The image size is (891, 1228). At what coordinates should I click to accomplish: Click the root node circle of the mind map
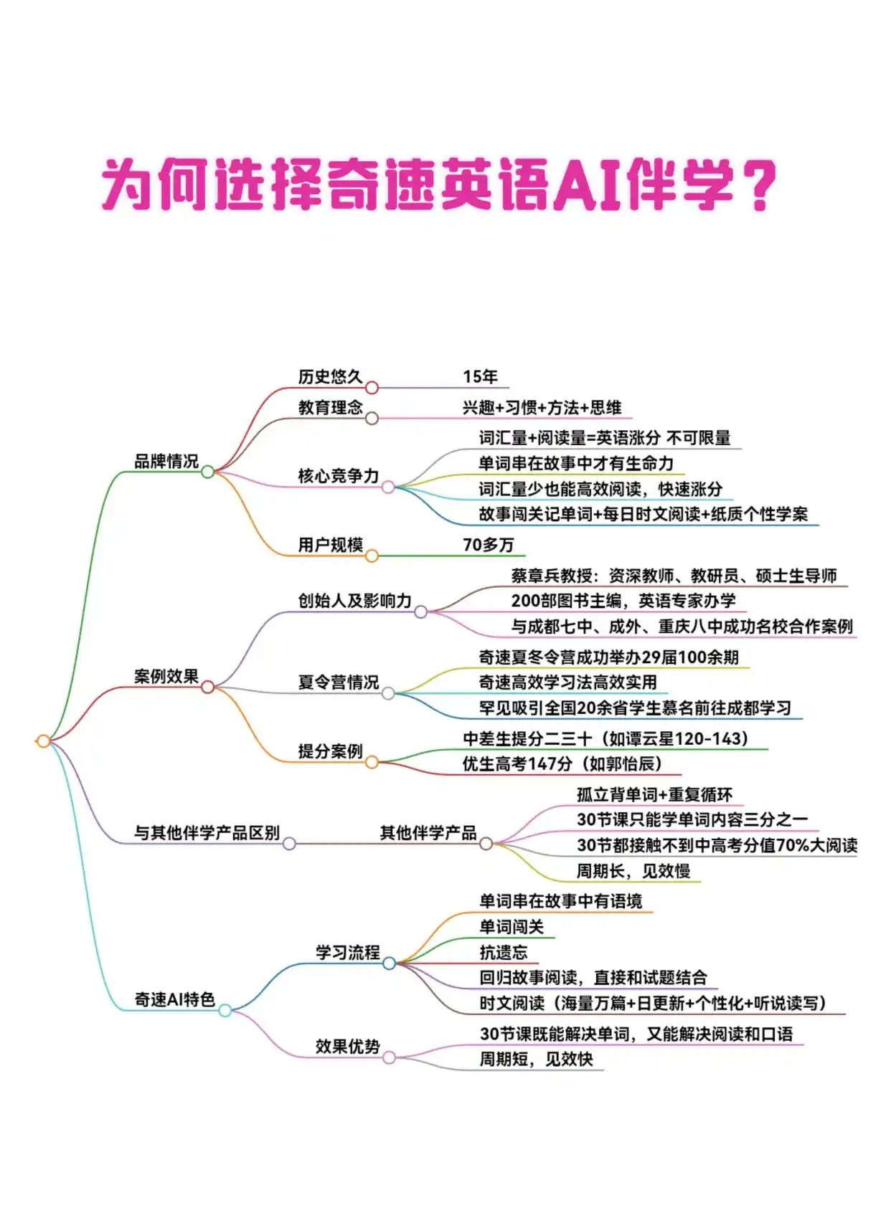click(43, 741)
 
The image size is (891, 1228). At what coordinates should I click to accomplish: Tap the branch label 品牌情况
click(166, 461)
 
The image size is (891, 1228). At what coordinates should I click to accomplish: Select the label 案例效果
click(166, 676)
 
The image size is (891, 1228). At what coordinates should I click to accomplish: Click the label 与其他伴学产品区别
click(207, 833)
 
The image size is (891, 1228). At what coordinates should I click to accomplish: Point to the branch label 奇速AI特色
click(174, 999)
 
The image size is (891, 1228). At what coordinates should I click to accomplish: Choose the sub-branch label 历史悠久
click(330, 376)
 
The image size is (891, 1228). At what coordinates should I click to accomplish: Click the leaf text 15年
click(480, 376)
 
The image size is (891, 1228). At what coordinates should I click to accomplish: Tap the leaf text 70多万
click(488, 545)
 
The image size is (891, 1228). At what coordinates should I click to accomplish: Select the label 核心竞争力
click(338, 476)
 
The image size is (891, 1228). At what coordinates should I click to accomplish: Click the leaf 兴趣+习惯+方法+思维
click(542, 407)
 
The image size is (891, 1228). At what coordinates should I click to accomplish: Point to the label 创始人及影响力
click(354, 601)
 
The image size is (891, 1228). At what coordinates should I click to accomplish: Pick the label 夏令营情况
click(338, 682)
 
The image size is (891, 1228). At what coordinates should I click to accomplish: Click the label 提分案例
click(330, 751)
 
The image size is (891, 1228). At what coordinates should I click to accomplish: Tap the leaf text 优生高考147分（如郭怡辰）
click(562, 764)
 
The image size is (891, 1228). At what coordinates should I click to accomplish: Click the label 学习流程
click(347, 953)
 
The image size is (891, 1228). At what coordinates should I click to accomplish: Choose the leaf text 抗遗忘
click(504, 953)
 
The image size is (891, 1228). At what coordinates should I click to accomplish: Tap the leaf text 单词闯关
click(511, 927)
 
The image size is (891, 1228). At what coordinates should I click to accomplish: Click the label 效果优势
click(347, 1047)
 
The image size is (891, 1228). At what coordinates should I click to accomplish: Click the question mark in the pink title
click(757, 186)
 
